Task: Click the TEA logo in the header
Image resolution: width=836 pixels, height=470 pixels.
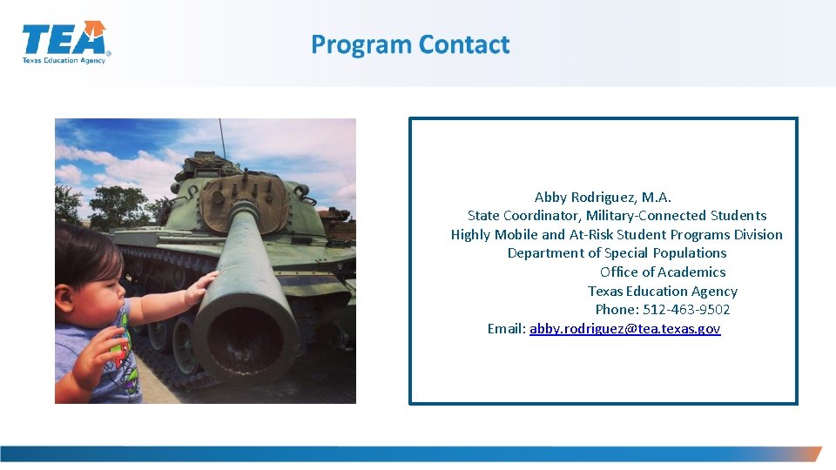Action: (66, 43)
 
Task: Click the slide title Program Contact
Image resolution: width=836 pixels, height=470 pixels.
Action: (410, 44)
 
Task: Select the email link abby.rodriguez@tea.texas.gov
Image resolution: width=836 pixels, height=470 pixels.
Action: (624, 329)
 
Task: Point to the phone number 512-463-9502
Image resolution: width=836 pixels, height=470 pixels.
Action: (686, 310)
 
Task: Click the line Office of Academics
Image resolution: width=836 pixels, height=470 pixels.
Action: (662, 272)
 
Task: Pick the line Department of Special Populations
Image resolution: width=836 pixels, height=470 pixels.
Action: (617, 253)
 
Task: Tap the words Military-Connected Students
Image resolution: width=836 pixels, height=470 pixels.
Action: (676, 216)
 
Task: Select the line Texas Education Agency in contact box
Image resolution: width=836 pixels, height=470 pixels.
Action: (662, 292)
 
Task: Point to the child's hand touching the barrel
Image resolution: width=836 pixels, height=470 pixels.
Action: (200, 288)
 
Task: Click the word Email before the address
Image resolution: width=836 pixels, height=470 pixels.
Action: (506, 329)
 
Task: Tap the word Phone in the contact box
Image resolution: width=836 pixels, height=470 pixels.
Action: (616, 310)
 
